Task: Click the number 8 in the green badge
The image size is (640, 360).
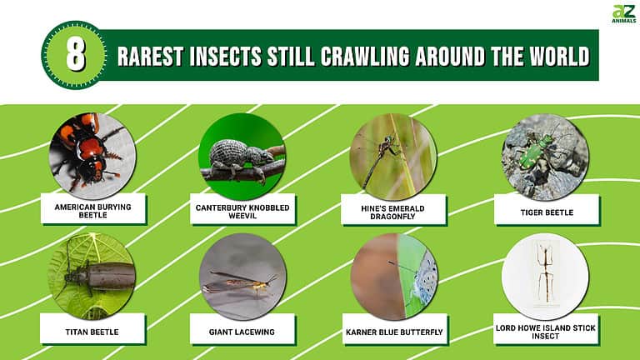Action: (74, 56)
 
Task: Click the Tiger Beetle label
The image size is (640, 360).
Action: (546, 212)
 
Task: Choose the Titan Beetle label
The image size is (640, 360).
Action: (93, 332)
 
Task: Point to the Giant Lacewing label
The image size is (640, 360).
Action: (244, 332)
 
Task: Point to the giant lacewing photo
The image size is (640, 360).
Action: (242, 276)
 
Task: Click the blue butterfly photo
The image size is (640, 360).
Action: (392, 276)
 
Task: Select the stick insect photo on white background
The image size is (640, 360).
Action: (545, 276)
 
